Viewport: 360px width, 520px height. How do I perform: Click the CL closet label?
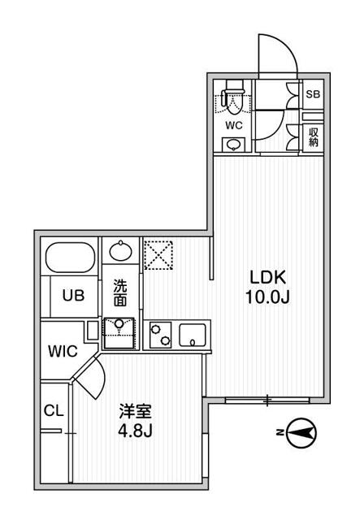tap(53, 412)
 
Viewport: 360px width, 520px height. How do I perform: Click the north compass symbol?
tap(301, 435)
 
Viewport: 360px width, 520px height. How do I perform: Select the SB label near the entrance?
tap(312, 94)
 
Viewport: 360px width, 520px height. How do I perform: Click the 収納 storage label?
tap(312, 136)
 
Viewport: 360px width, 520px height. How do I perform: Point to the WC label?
tap(233, 125)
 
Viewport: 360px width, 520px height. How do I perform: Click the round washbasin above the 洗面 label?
tap(120, 251)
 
